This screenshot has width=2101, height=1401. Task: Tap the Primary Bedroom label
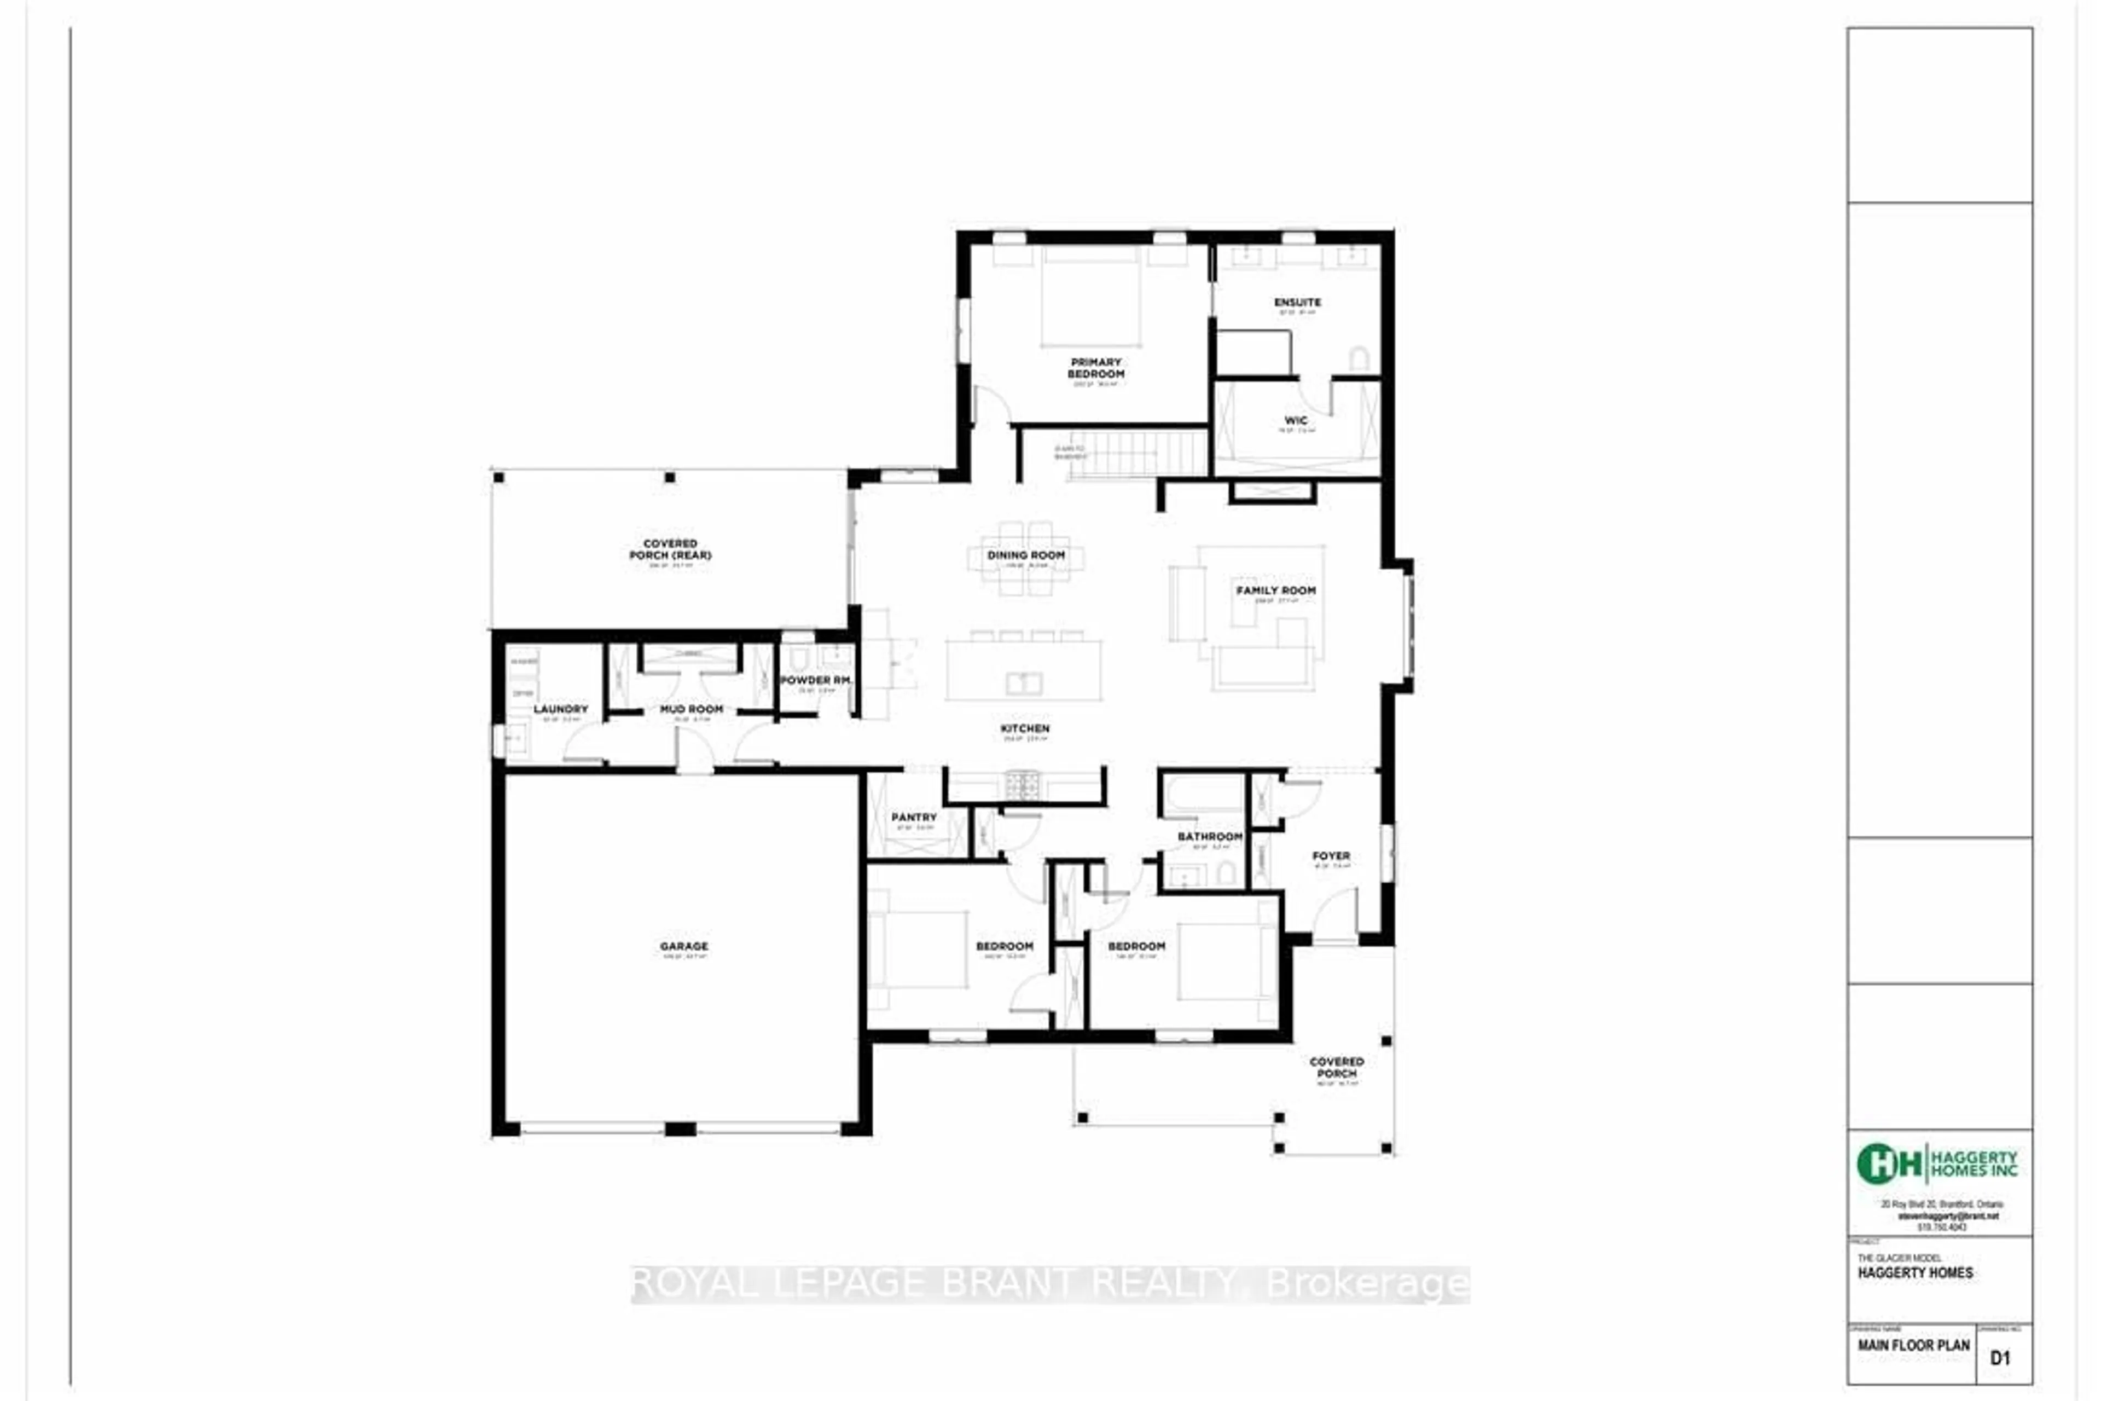pos(1095,368)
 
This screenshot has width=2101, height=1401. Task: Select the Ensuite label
pos(1297,302)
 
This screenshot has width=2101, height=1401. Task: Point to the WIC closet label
pos(1295,420)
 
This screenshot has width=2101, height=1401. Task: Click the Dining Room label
pos(1025,555)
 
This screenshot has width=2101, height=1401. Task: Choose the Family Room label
pos(1275,590)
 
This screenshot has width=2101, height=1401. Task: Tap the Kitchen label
pos(1025,729)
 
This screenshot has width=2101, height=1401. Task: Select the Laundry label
pos(561,709)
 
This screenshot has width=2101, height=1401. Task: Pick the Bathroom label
pos(1210,836)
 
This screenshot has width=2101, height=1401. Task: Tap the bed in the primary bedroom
pos(1090,299)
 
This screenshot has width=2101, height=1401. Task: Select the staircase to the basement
pos(1139,454)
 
